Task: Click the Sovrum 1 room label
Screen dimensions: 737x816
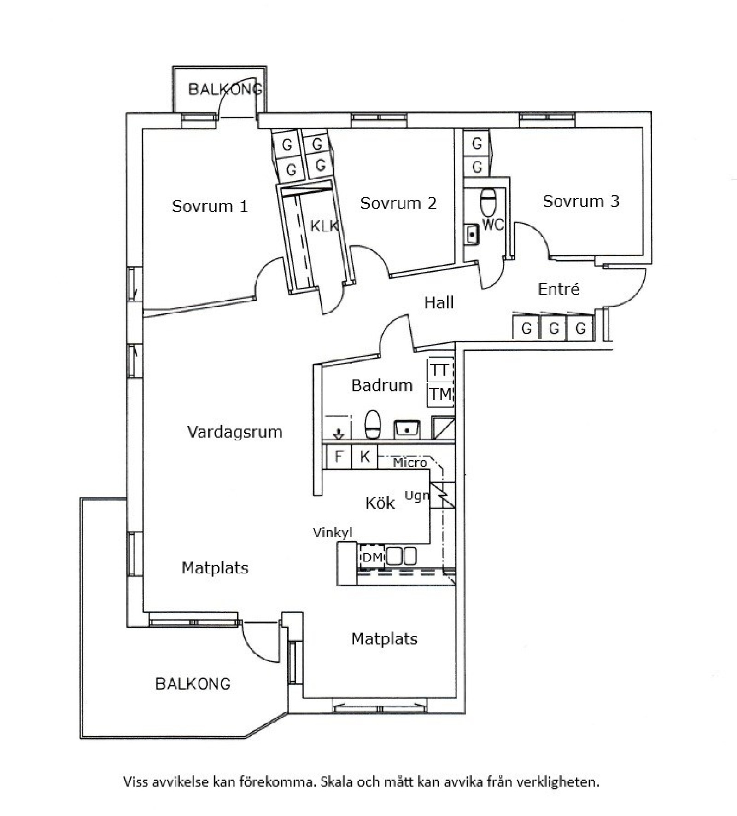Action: (210, 206)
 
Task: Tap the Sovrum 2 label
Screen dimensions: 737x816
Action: (398, 203)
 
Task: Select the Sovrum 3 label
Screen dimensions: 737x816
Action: (581, 201)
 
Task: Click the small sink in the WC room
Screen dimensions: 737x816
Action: (472, 235)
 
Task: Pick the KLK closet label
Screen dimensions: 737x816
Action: (324, 226)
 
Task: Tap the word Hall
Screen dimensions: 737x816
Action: (439, 302)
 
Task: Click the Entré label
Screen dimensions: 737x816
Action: (559, 289)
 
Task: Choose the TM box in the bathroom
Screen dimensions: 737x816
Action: (440, 394)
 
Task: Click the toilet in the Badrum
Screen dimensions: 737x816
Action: (373, 424)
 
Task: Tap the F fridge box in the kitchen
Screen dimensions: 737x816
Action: (339, 457)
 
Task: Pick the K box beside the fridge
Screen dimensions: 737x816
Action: (365, 457)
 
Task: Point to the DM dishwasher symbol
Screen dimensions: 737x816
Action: (372, 557)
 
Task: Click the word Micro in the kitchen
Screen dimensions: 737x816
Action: (410, 463)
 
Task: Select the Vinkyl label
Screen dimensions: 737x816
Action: (333, 533)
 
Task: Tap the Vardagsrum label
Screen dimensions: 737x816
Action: (235, 432)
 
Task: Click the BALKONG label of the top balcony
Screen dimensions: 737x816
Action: (225, 89)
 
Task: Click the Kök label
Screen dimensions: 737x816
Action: (380, 503)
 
